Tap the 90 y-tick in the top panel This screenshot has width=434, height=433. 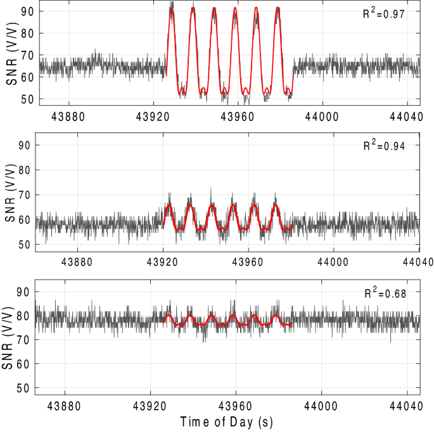(27, 11)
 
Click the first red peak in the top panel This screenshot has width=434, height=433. (172, 8)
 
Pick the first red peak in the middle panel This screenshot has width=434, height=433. (169, 205)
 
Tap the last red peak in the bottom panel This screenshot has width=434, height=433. (276, 315)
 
